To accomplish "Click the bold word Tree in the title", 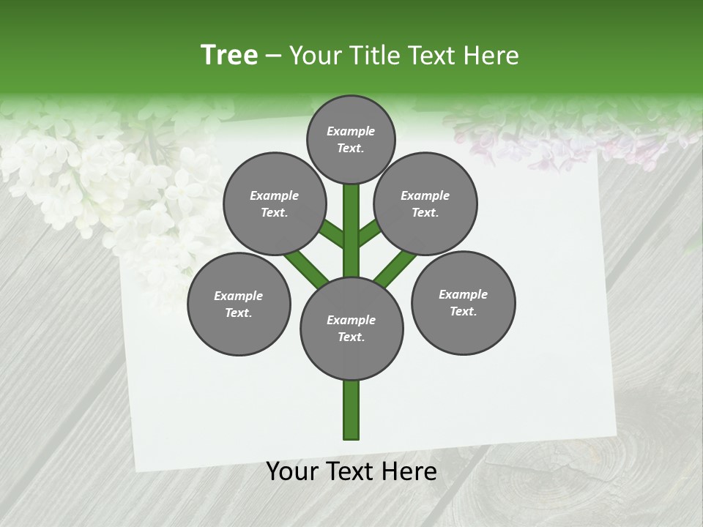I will click(229, 55).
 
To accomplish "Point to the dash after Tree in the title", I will click(273, 56).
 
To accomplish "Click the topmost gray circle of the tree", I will click(351, 139).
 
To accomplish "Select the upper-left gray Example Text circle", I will click(274, 203).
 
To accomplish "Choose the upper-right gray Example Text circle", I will click(425, 203).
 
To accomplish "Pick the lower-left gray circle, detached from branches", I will click(238, 304).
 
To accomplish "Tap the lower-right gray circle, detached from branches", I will click(463, 302).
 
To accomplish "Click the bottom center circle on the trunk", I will click(351, 328).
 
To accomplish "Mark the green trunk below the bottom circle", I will click(351, 410).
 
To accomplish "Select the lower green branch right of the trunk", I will click(395, 266).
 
